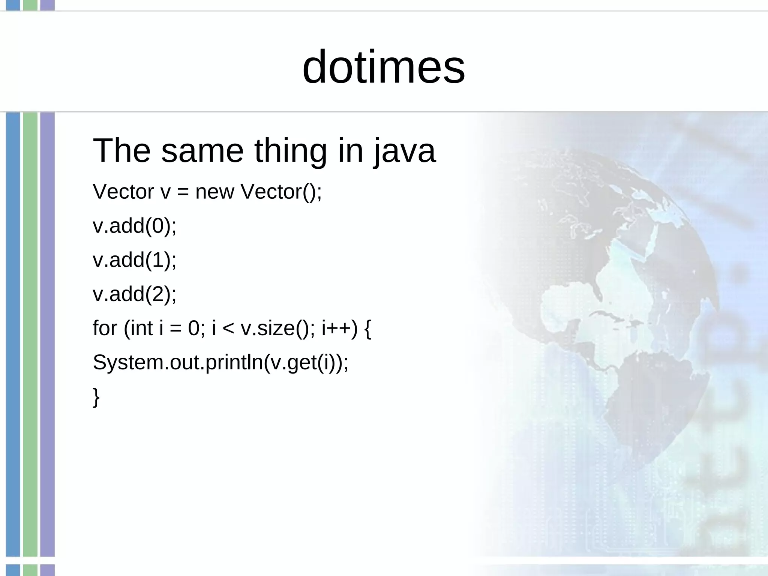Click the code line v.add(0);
click(x=134, y=226)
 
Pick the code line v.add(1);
click(x=134, y=260)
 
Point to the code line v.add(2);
click(x=134, y=294)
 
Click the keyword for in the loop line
click(x=105, y=328)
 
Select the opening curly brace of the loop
click(x=367, y=329)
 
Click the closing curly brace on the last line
click(x=96, y=397)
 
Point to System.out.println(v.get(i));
click(x=220, y=363)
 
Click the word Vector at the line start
click(x=123, y=192)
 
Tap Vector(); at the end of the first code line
click(x=281, y=192)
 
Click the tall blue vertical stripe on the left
click(x=13, y=334)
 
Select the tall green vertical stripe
click(x=30, y=334)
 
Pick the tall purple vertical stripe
click(x=47, y=334)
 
